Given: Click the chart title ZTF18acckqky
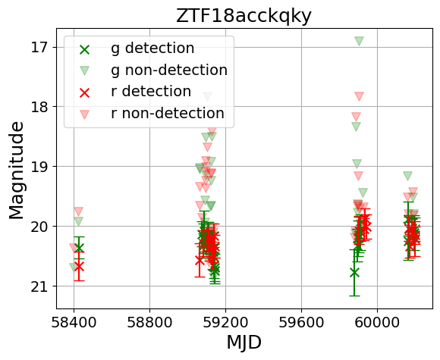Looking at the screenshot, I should coord(244,15).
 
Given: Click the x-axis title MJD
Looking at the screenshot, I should coord(244,342).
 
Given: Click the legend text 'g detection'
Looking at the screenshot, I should coord(152,49).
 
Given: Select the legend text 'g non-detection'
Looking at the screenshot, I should coord(168,70).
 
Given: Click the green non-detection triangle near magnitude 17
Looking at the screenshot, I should coord(359,41).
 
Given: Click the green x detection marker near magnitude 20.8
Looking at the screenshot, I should coord(354,272).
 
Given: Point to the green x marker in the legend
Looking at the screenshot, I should coord(85,49).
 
